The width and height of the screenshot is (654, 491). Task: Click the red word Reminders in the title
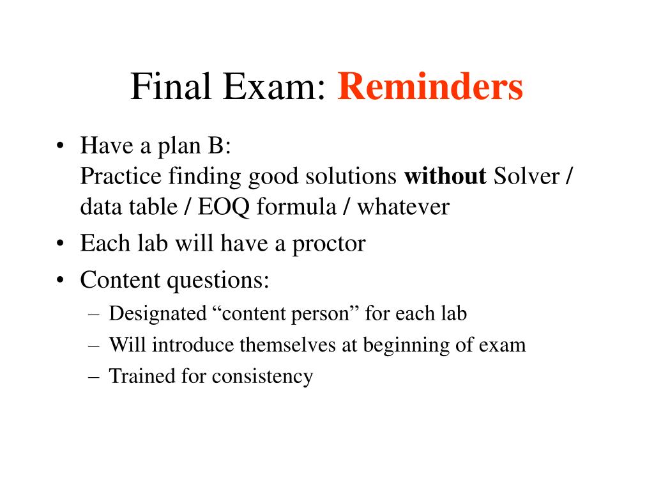tap(430, 86)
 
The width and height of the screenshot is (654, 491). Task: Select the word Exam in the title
tap(274, 86)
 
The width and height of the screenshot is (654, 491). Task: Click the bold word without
tap(445, 176)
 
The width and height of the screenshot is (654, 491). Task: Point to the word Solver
tap(526, 176)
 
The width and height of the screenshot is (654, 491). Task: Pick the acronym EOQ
tap(223, 207)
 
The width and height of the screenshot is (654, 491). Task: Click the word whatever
tap(404, 207)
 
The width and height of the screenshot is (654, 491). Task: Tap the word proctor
tap(329, 244)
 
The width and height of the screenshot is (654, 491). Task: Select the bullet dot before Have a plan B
tap(61, 146)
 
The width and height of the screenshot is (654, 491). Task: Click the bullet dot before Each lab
tap(61, 243)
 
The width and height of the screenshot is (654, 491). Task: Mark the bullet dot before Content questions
tap(61, 280)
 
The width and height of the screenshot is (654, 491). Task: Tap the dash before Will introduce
tap(94, 346)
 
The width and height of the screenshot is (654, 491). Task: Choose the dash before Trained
tap(94, 377)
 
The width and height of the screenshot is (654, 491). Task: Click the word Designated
tap(158, 314)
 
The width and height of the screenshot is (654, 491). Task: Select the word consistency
tap(262, 377)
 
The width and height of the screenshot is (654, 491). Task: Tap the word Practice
tap(121, 176)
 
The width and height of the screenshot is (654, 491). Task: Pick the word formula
tap(296, 207)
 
